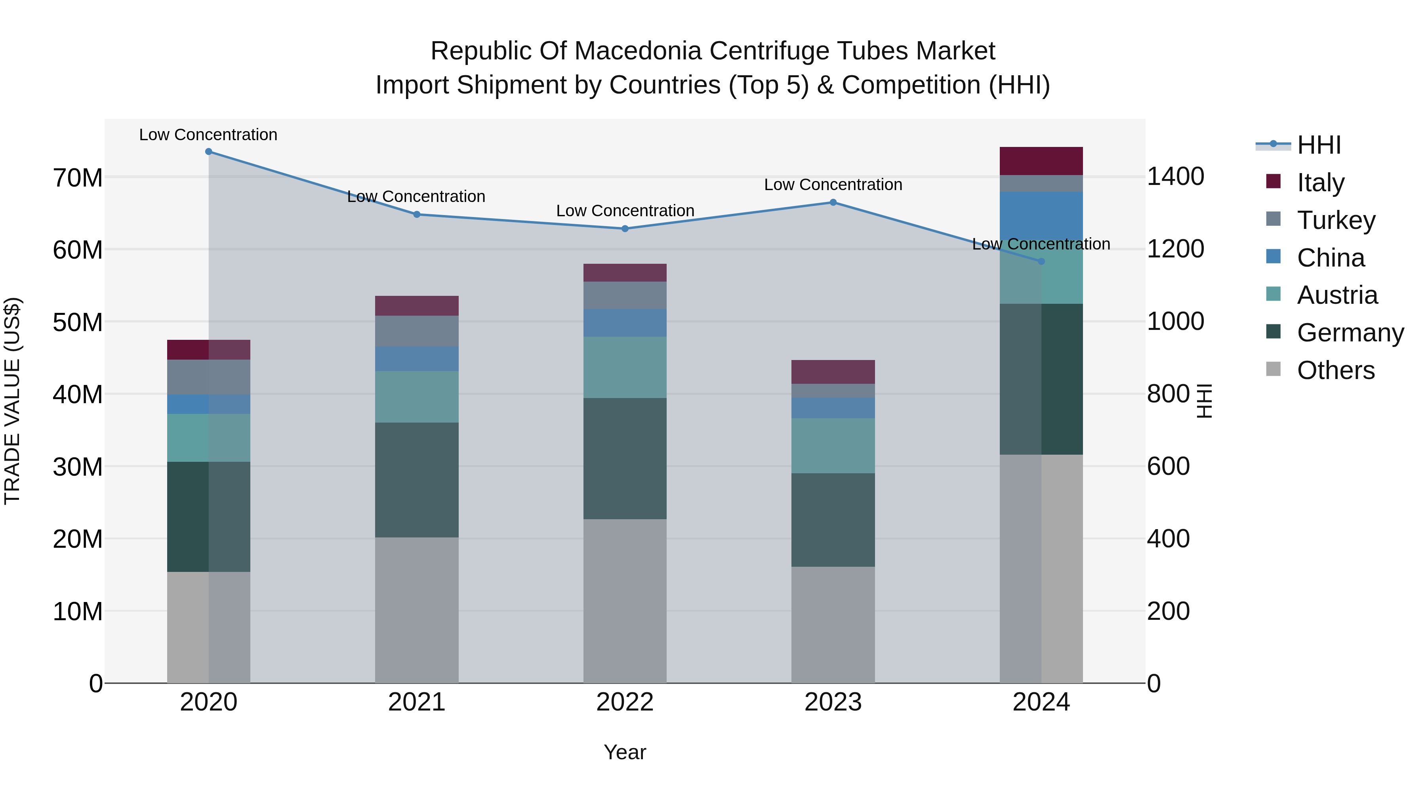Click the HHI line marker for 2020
tap(209, 152)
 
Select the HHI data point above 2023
tap(833, 202)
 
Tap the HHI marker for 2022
tap(625, 229)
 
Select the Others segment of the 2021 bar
tap(417, 610)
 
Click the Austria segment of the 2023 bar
tap(833, 446)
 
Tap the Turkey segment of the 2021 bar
tap(417, 331)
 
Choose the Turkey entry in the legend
tap(1336, 220)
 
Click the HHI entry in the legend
tap(1319, 145)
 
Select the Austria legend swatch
tap(1273, 294)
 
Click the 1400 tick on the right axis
tap(1175, 177)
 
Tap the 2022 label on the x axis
tap(625, 702)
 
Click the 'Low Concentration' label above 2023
tap(833, 185)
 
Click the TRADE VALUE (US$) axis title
tap(12, 401)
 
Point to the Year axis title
tap(625, 752)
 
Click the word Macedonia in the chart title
tap(641, 51)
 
